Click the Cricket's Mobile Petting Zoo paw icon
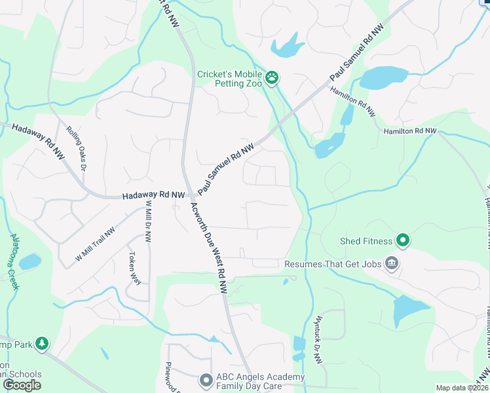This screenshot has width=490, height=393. pos(272,79)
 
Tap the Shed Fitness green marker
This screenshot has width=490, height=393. pos(402,242)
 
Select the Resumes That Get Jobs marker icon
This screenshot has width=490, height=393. pos(392,264)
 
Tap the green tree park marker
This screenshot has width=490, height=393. pos(42,343)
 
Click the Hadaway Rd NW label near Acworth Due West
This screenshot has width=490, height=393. pos(153,195)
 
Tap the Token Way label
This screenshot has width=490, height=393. pos(134,267)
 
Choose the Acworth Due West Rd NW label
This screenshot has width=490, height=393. pos(209,247)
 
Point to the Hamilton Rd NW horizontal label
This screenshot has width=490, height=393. pos(409,131)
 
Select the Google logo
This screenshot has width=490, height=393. pos(21,385)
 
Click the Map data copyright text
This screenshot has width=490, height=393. pos(462,388)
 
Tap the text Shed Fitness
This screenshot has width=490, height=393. pos(366,242)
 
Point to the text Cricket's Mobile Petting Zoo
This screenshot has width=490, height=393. pos(229,79)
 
